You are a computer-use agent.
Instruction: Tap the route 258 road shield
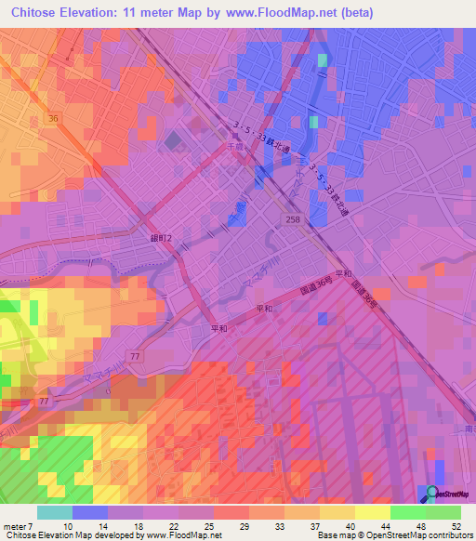pos(292,218)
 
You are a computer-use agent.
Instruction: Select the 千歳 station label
pos(235,146)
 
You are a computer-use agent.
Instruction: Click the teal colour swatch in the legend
pos(55,512)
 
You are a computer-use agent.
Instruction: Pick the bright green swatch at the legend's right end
pos(443,512)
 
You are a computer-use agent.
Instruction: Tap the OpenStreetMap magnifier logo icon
pos(432,491)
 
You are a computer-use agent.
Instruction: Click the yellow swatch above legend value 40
pos(337,512)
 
